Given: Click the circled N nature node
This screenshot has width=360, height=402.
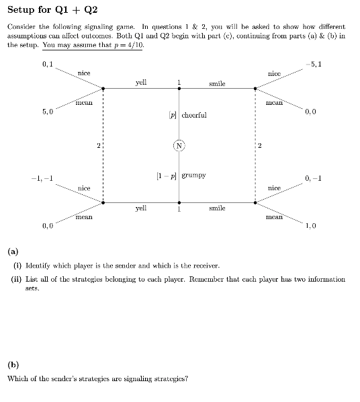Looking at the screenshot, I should click(x=179, y=145).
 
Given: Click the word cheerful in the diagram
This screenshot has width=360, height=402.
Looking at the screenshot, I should click(x=195, y=114).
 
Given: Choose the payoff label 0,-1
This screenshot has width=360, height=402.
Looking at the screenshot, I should click(x=312, y=178).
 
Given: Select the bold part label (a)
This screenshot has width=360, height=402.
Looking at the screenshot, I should click(x=12, y=253).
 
